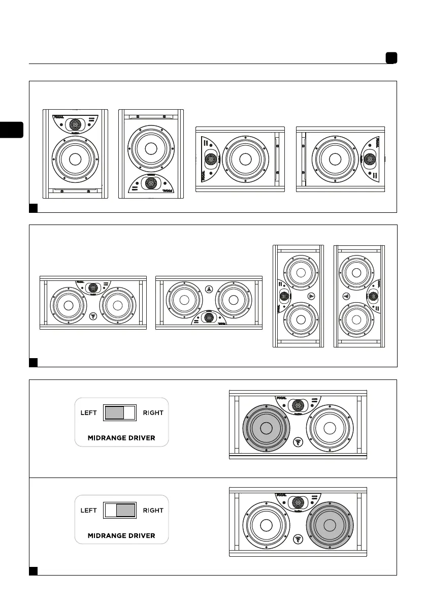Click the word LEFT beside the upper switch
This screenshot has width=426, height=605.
pyautogui.click(x=89, y=413)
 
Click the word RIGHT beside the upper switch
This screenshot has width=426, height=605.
pyautogui.click(x=153, y=413)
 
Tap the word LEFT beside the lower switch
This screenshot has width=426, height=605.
pyautogui.click(x=89, y=511)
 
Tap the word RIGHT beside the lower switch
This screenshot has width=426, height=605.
pyautogui.click(x=153, y=511)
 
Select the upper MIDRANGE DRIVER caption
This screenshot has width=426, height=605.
pyautogui.click(x=121, y=438)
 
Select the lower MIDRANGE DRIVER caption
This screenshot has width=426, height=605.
pyautogui.click(x=121, y=535)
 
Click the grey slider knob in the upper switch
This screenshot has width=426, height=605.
pyautogui.click(x=114, y=412)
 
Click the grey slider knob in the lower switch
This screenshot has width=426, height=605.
pyautogui.click(x=125, y=510)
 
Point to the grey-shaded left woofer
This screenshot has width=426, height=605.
pyautogui.click(x=266, y=428)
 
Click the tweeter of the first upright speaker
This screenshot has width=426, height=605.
pyautogui.click(x=75, y=124)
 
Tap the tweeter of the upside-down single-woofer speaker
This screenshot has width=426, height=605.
pyautogui.click(x=150, y=183)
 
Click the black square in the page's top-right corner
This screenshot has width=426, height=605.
pyautogui.click(x=390, y=58)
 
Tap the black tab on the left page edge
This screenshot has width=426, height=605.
pyautogui.click(x=12, y=130)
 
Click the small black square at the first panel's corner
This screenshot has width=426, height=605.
pyautogui.click(x=34, y=207)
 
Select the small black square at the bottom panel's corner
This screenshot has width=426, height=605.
pyautogui.click(x=34, y=570)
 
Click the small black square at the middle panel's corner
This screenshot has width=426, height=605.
pyautogui.click(x=34, y=362)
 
